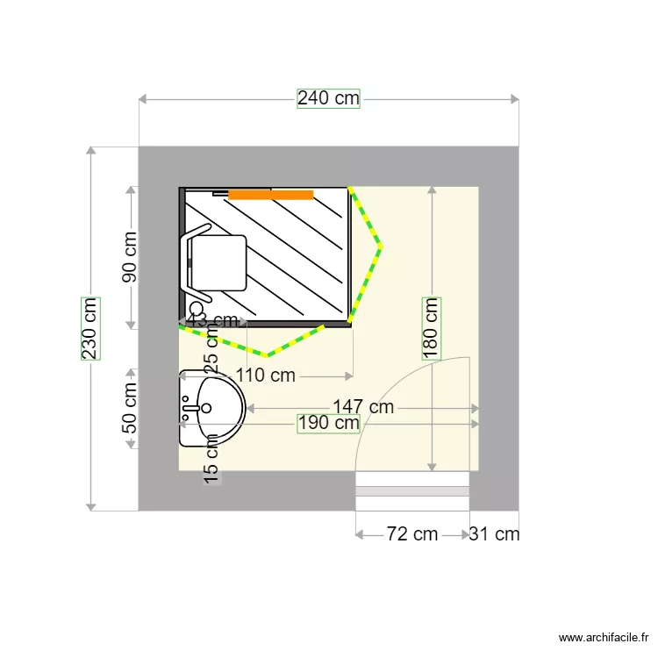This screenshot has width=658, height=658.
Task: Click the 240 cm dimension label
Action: [328, 98]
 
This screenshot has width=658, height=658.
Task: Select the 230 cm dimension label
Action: [89, 328]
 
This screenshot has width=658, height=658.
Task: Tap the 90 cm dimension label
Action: [129, 256]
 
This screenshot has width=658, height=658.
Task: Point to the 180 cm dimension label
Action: [431, 328]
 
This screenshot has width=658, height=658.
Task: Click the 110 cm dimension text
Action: [266, 376]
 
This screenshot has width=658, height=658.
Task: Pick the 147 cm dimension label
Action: [363, 407]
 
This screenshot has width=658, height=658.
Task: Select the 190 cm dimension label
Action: [328, 423]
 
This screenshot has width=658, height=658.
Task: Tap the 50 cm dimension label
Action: [129, 408]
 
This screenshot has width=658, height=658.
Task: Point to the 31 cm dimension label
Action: [494, 533]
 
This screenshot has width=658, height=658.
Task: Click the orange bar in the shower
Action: [270, 195]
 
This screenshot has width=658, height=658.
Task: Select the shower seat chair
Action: [217, 261]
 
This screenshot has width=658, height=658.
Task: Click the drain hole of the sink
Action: [206, 407]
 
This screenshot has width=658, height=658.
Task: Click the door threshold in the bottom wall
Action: [412, 491]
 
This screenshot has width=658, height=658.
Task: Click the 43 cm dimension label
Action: [213, 319]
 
